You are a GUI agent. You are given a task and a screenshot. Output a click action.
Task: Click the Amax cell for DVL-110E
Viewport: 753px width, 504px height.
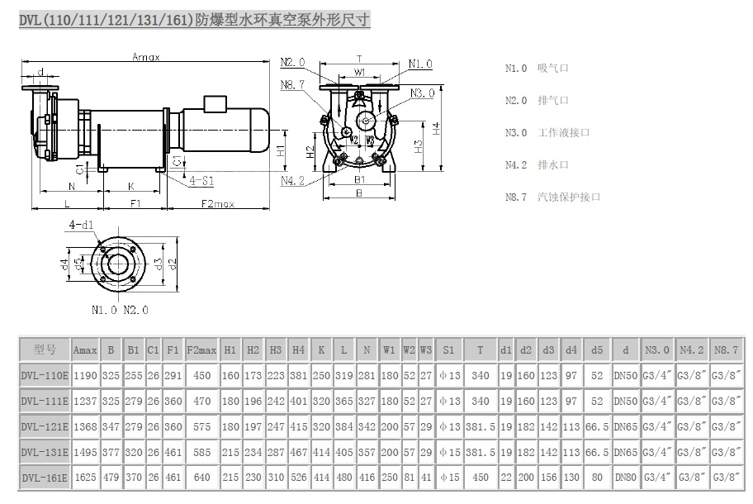pyautogui.click(x=85, y=376)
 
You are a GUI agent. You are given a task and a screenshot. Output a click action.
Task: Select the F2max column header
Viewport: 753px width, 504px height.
pyautogui.click(x=201, y=350)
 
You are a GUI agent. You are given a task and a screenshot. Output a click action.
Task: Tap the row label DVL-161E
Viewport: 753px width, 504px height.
pyautogui.click(x=45, y=477)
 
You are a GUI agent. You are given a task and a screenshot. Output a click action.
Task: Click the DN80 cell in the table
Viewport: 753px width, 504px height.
pyautogui.click(x=627, y=477)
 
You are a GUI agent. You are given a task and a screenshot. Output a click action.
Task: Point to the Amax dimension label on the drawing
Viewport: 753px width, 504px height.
pyautogui.click(x=146, y=57)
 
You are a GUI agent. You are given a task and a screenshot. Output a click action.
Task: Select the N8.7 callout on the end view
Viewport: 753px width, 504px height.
pyautogui.click(x=292, y=84)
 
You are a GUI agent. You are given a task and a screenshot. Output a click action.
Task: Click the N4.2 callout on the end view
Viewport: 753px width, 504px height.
pyautogui.click(x=292, y=180)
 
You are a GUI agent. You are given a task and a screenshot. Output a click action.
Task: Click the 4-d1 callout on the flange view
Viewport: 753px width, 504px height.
pyautogui.click(x=80, y=225)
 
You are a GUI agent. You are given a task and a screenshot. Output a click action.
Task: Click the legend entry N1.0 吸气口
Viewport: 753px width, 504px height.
pyautogui.click(x=538, y=69)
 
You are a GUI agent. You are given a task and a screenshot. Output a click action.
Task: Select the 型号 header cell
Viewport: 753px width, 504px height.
pyautogui.click(x=45, y=350)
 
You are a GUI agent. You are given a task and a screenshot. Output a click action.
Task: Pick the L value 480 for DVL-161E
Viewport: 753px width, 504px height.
pyautogui.click(x=344, y=477)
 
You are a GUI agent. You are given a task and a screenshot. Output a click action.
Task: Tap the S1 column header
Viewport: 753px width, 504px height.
pyautogui.click(x=448, y=350)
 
